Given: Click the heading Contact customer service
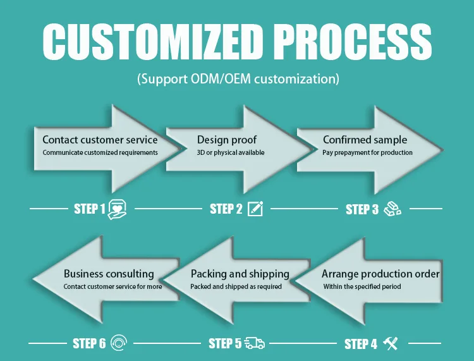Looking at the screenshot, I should coord(100,140).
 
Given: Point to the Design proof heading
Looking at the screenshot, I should coord(227,140).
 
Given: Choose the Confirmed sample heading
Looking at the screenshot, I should coord(365,140).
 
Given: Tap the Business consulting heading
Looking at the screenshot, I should coord(109,274).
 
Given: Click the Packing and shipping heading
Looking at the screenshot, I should coord(240,274).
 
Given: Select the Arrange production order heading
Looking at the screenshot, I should coord(380,274).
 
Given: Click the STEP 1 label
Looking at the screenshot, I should coord(90,209).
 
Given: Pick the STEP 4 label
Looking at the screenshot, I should coord(361,344).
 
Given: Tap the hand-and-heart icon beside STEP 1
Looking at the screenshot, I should coord(118,209).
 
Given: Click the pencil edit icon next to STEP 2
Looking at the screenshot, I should coord(255,209).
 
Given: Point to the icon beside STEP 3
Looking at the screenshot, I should coord(392,209).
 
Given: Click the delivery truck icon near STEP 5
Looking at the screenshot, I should coord(255,343).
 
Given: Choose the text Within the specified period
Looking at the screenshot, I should coord(362,286).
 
